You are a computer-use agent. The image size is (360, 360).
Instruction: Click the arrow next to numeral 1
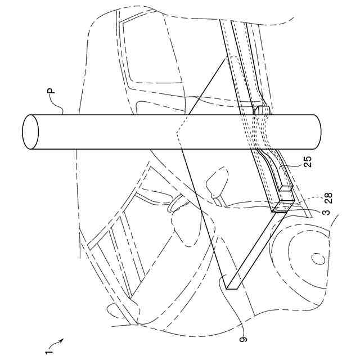[59, 341]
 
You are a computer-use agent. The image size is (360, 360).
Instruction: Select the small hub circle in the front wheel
[318, 259]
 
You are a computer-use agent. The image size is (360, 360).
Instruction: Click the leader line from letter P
[60, 105]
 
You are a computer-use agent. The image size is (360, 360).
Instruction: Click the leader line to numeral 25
[292, 165]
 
